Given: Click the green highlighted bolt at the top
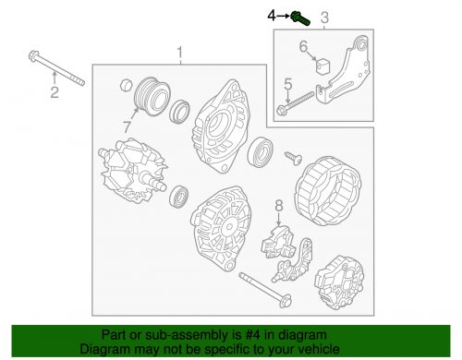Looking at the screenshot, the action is tap(300, 18).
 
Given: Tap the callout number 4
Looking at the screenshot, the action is tap(272, 16).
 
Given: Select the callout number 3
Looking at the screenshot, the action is tap(324, 18).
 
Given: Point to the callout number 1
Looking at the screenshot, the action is tap(179, 53).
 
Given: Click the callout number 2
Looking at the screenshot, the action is tap(55, 92).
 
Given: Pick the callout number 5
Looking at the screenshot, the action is tap(287, 84).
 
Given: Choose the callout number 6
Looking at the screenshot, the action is tap(303, 46).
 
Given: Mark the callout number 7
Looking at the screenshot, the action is tap(127, 126).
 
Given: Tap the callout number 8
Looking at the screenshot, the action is tap(279, 206).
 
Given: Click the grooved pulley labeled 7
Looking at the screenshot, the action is tap(152, 96).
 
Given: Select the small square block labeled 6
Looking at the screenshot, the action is tap(323, 66).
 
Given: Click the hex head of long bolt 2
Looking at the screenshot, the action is tap(33, 56).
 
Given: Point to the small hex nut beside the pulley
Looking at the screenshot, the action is tap(126, 85).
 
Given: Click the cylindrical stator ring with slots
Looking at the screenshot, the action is tap(328, 190).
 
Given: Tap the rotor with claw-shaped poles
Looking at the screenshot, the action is tap(133, 170).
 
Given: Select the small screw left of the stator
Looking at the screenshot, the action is tap(294, 158).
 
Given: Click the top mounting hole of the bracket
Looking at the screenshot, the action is tap(362, 45).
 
